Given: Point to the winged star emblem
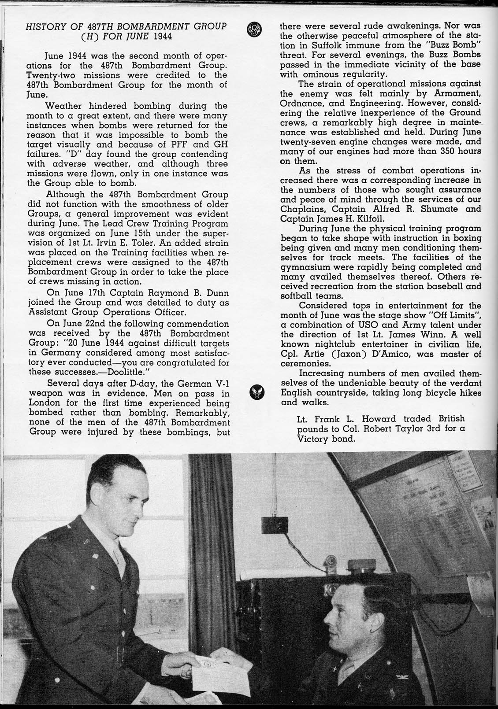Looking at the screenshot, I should click(x=256, y=392).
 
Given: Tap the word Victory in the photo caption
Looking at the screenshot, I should click(x=314, y=439).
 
